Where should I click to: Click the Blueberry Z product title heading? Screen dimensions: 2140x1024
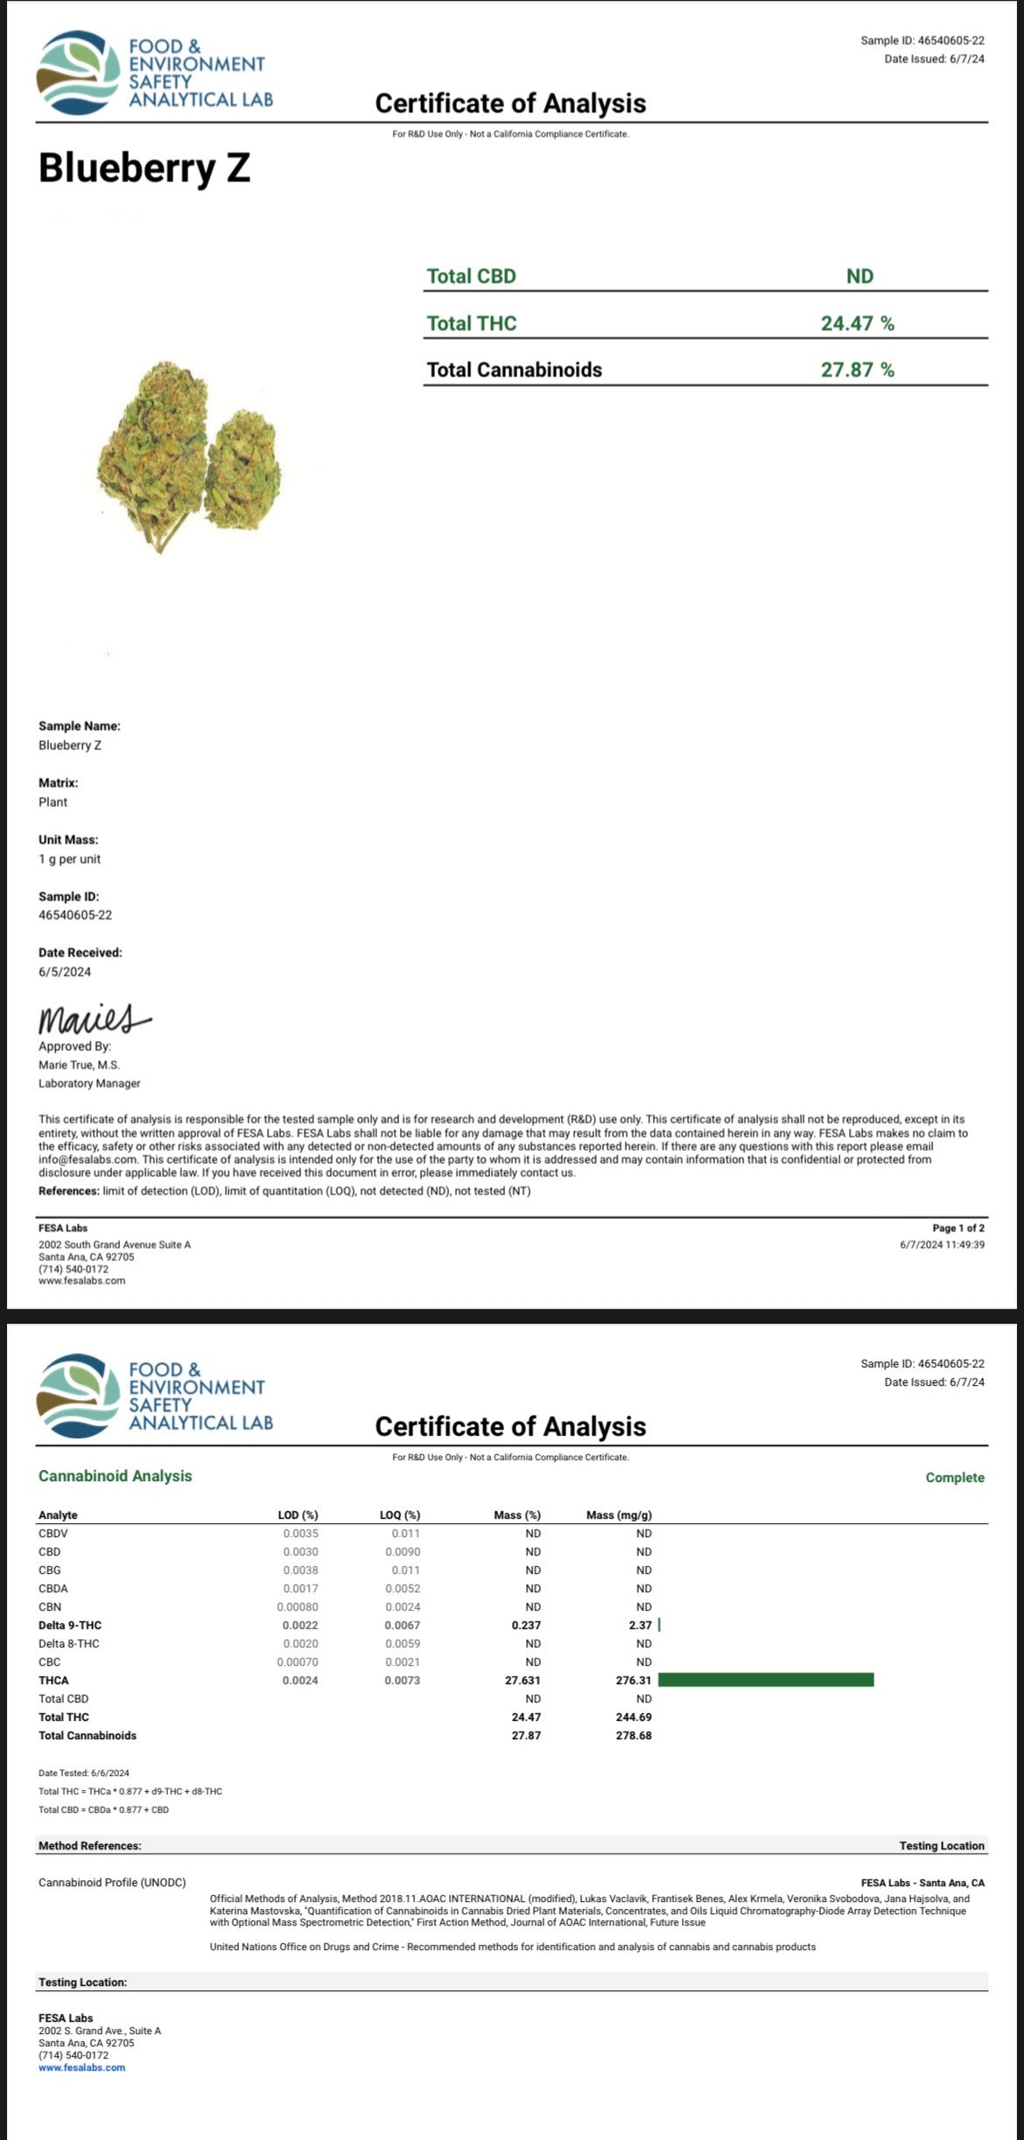point(144,168)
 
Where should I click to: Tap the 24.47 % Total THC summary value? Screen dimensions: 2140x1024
point(857,324)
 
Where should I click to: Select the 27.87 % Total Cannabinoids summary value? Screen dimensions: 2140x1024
point(857,370)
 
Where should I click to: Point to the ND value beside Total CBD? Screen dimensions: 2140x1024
point(859,276)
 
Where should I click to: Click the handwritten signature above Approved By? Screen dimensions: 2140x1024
point(93,1019)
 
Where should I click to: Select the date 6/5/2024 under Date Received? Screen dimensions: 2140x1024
point(65,972)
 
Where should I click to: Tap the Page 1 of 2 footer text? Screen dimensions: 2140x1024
point(958,1228)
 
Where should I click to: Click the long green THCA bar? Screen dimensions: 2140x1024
point(766,1680)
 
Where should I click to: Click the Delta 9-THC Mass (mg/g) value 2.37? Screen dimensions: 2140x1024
point(640,1626)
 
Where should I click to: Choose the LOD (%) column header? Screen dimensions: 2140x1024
point(298,1515)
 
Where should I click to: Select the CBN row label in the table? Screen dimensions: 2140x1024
point(50,1607)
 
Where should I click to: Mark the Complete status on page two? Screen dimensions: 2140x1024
point(955,1478)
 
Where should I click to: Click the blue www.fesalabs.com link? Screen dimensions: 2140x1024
point(81,2068)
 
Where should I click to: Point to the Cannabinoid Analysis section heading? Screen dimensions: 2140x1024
point(115,1476)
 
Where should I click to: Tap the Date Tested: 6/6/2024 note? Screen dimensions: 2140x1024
point(84,1773)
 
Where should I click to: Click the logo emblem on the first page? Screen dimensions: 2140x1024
point(78,73)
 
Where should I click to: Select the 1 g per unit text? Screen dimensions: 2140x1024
point(69,859)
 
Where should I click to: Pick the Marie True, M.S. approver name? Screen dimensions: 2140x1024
point(79,1066)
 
